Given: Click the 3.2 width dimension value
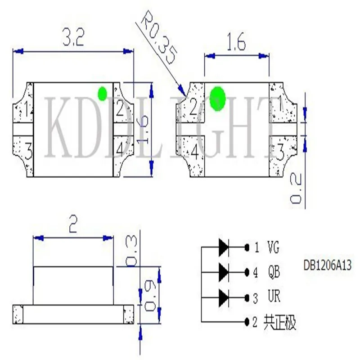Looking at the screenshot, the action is click(73, 37).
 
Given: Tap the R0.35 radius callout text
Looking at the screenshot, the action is click(159, 37).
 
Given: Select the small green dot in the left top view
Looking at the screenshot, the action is click(103, 94).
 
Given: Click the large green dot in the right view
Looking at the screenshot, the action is click(217, 99).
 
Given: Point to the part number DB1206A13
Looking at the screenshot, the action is click(328, 265).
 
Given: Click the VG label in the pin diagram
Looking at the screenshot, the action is click(274, 247).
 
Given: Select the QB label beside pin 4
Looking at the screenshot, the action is click(274, 272).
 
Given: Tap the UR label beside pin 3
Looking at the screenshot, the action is click(274, 296).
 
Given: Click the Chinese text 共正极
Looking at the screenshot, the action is click(280, 322).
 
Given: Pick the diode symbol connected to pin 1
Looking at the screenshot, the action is click(224, 247).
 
